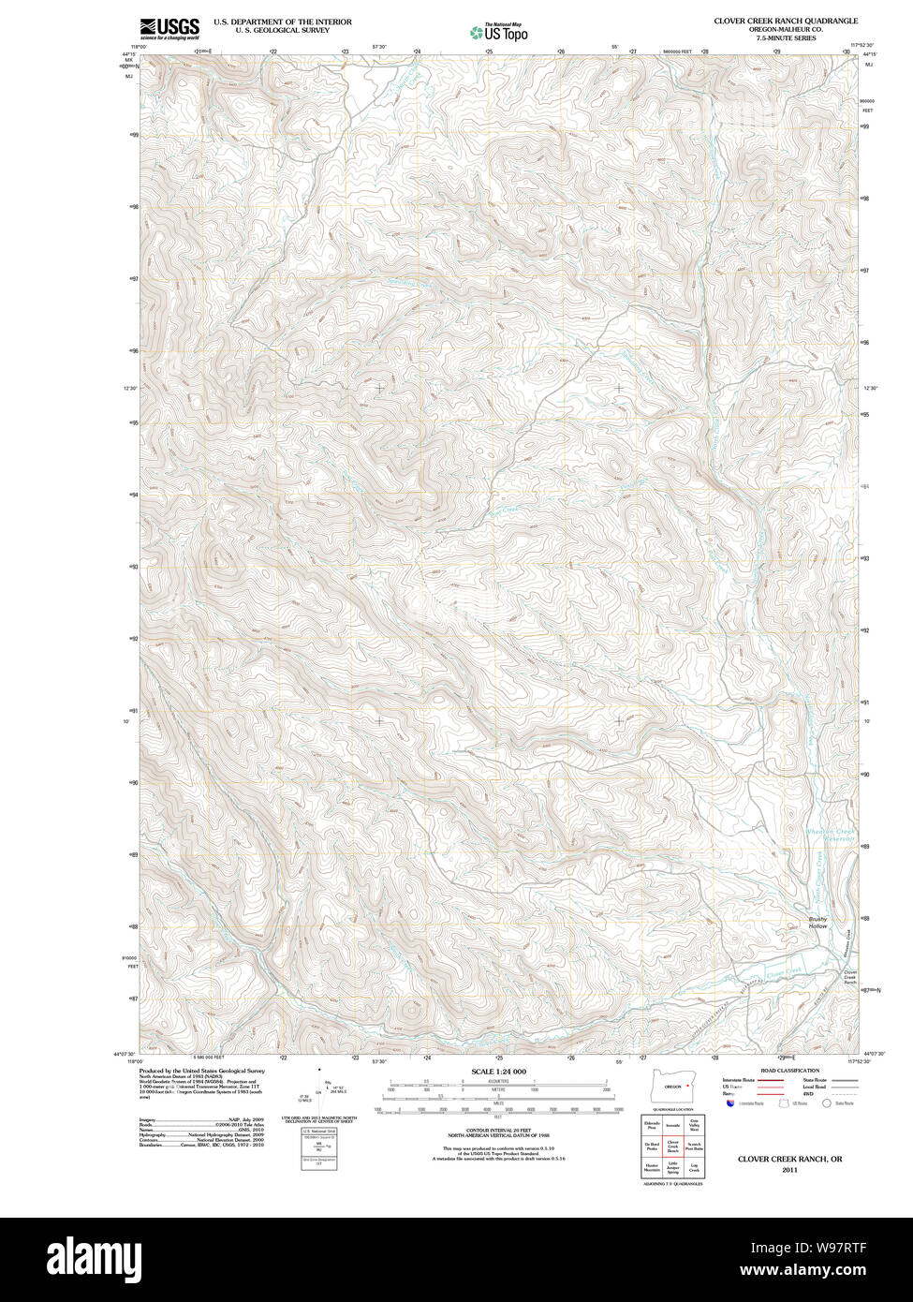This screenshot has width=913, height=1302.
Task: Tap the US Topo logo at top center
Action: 499,32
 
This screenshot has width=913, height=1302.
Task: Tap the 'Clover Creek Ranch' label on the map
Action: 850,977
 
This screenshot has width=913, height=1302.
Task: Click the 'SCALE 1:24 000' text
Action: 498,1071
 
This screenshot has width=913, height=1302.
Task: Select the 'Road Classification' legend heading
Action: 789,1070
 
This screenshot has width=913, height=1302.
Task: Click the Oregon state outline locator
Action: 672,1086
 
